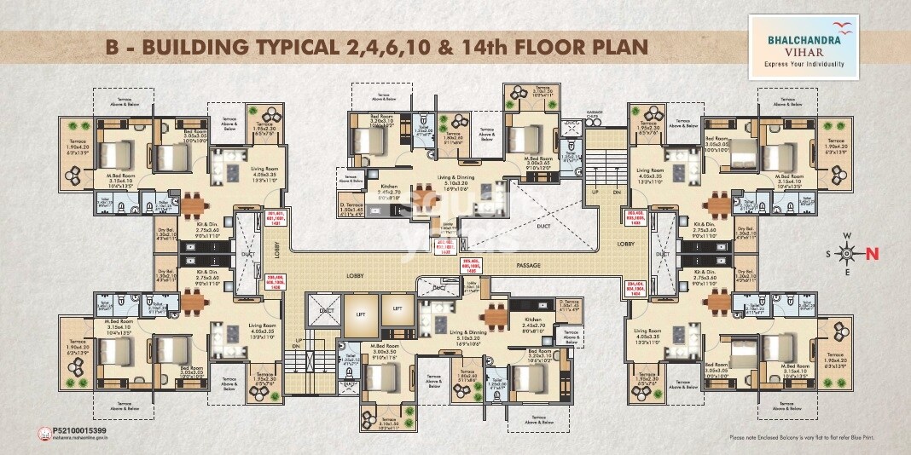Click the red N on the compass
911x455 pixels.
click(873, 252)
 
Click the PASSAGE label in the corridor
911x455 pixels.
click(529, 267)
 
